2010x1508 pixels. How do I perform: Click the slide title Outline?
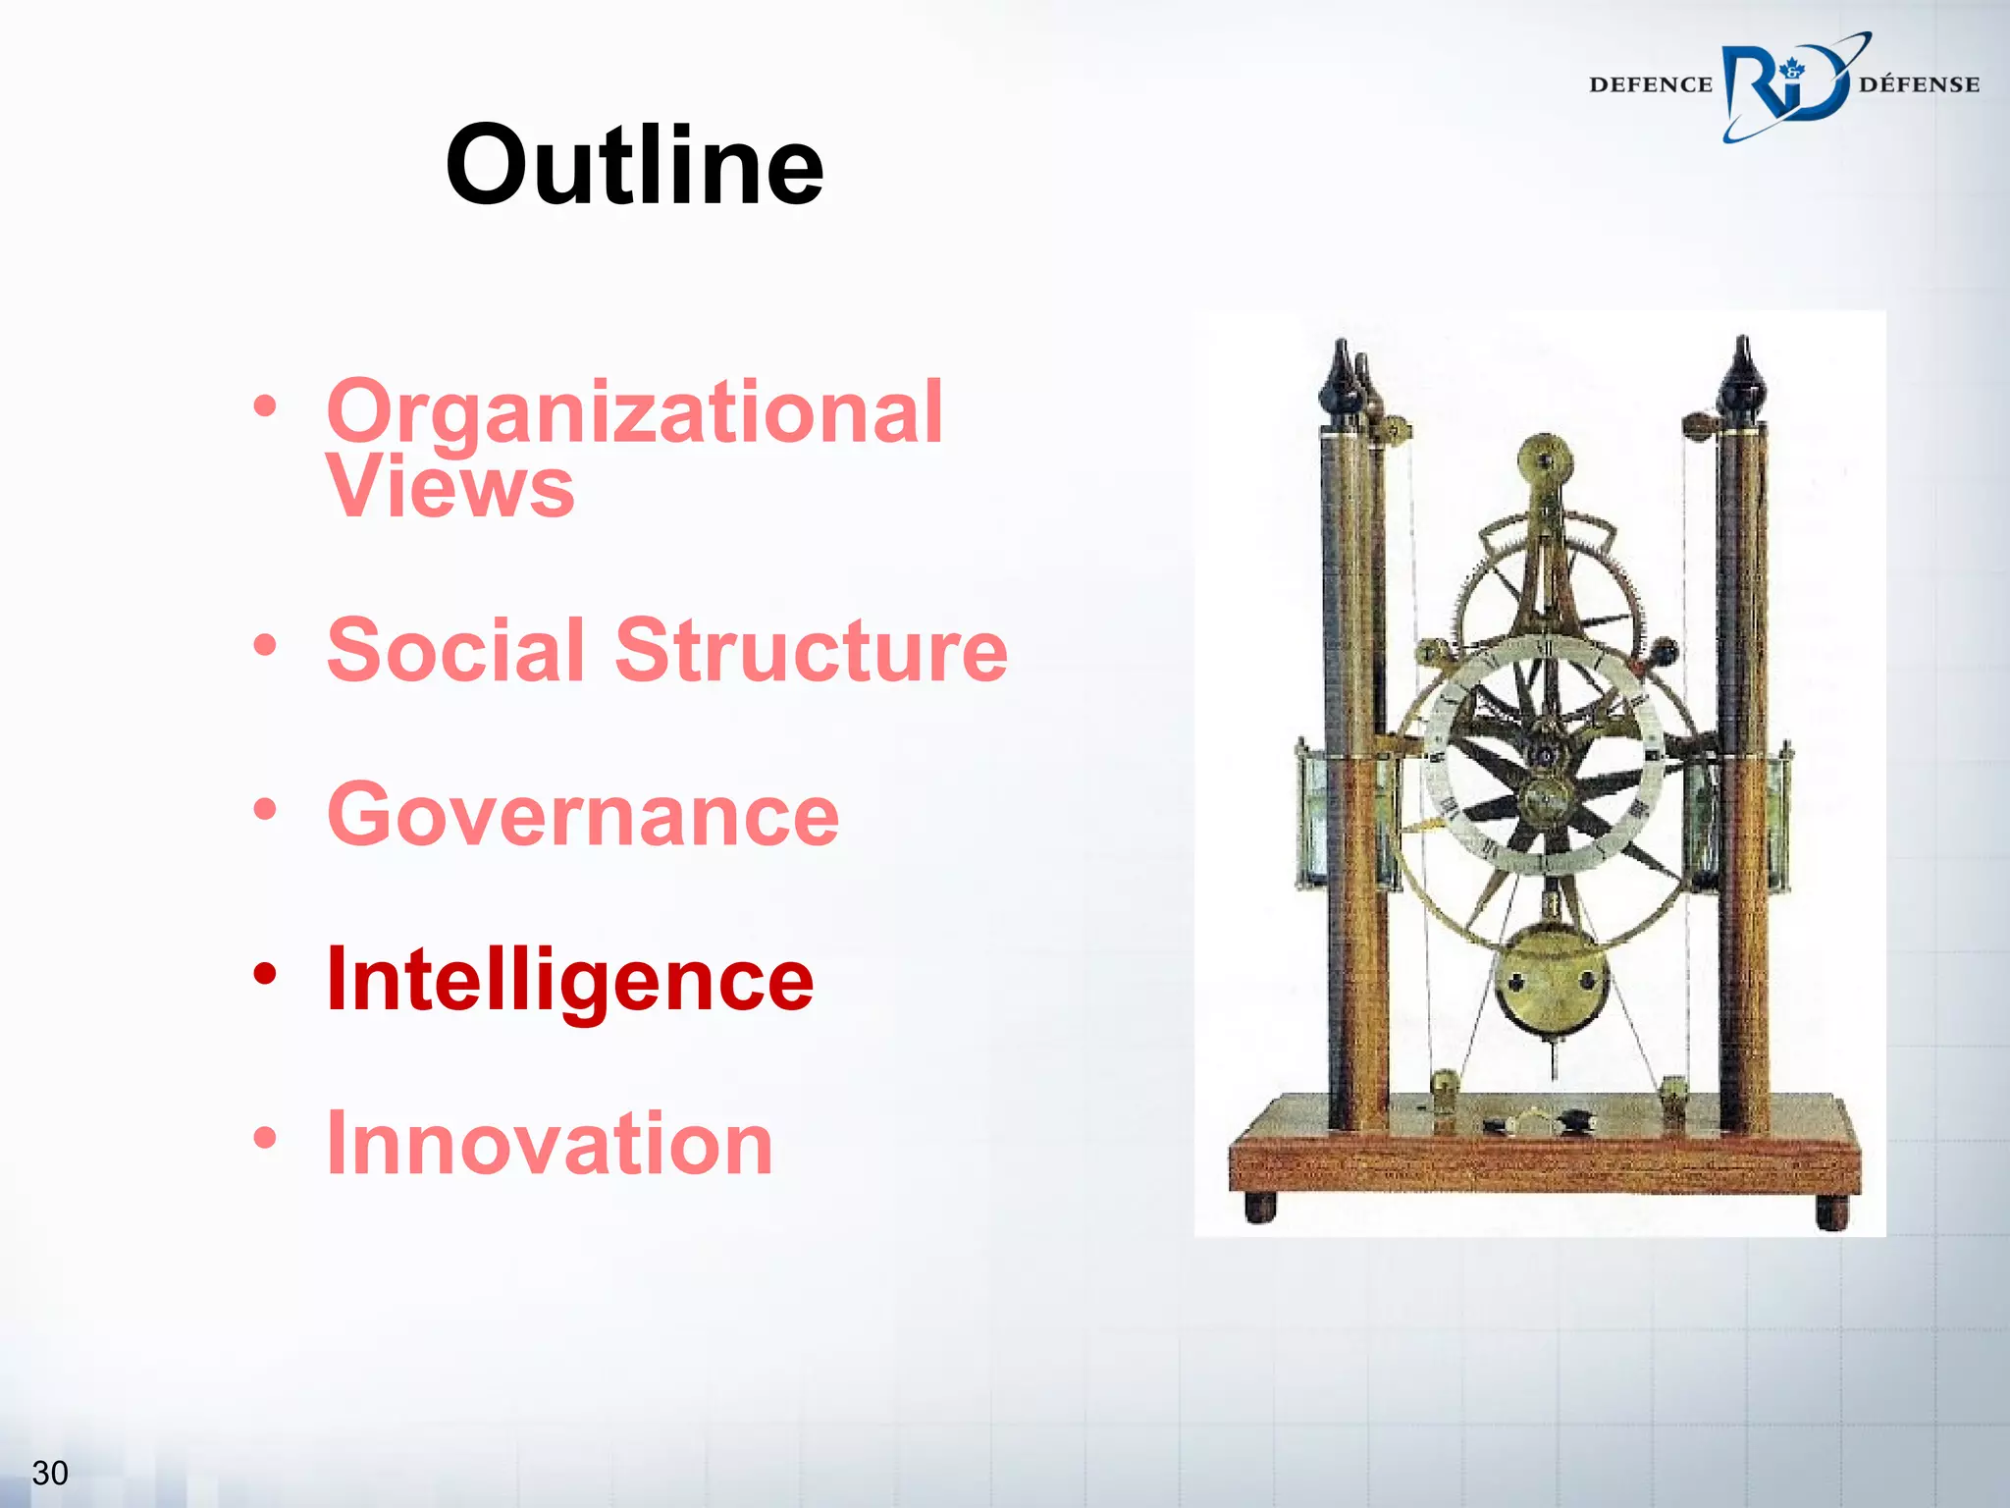(x=634, y=165)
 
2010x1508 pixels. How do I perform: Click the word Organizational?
(x=634, y=412)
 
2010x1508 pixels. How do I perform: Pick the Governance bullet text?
(x=583, y=815)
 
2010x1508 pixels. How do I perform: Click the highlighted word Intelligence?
(x=570, y=980)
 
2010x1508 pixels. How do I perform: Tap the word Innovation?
(x=550, y=1144)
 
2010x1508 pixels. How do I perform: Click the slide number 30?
(x=50, y=1473)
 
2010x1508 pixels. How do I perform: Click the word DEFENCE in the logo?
(x=1650, y=85)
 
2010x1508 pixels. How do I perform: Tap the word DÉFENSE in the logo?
(x=1919, y=85)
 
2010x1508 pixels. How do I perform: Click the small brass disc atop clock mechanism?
(x=1545, y=458)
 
